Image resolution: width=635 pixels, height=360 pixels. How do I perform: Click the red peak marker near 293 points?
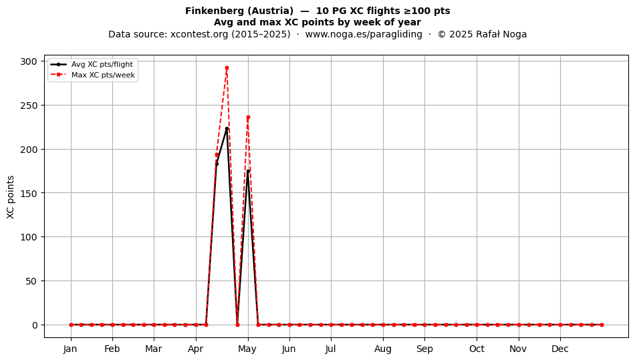pyautogui.click(x=227, y=67)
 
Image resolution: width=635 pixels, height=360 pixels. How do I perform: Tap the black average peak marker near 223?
pyautogui.click(x=227, y=129)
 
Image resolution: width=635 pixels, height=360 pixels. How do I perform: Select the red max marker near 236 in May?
pyautogui.click(x=248, y=118)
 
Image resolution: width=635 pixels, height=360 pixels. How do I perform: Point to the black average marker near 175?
pyautogui.click(x=248, y=171)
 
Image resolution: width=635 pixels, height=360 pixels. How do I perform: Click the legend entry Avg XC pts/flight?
pyautogui.click(x=102, y=64)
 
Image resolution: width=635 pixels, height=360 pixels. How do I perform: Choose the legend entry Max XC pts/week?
pyautogui.click(x=103, y=75)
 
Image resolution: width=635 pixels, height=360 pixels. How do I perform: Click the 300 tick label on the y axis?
pyautogui.click(x=29, y=61)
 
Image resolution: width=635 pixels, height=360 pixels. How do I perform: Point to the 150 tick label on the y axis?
pyautogui.click(x=29, y=193)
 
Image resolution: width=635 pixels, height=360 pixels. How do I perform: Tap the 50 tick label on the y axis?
pyautogui.click(x=31, y=281)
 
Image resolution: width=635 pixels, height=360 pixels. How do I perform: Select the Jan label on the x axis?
pyautogui.click(x=70, y=349)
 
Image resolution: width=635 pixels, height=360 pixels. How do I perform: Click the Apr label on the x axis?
pyautogui.click(x=196, y=349)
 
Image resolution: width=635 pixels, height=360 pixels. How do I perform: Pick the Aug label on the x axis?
pyautogui.click(x=383, y=349)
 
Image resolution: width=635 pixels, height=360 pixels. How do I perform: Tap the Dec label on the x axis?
pyautogui.click(x=560, y=349)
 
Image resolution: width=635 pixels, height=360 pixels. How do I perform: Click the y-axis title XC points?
pyautogui.click(x=11, y=197)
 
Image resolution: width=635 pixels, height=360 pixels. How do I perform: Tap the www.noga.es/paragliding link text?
pyautogui.click(x=364, y=34)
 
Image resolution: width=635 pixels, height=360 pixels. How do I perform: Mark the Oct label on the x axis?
pyautogui.click(x=477, y=349)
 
